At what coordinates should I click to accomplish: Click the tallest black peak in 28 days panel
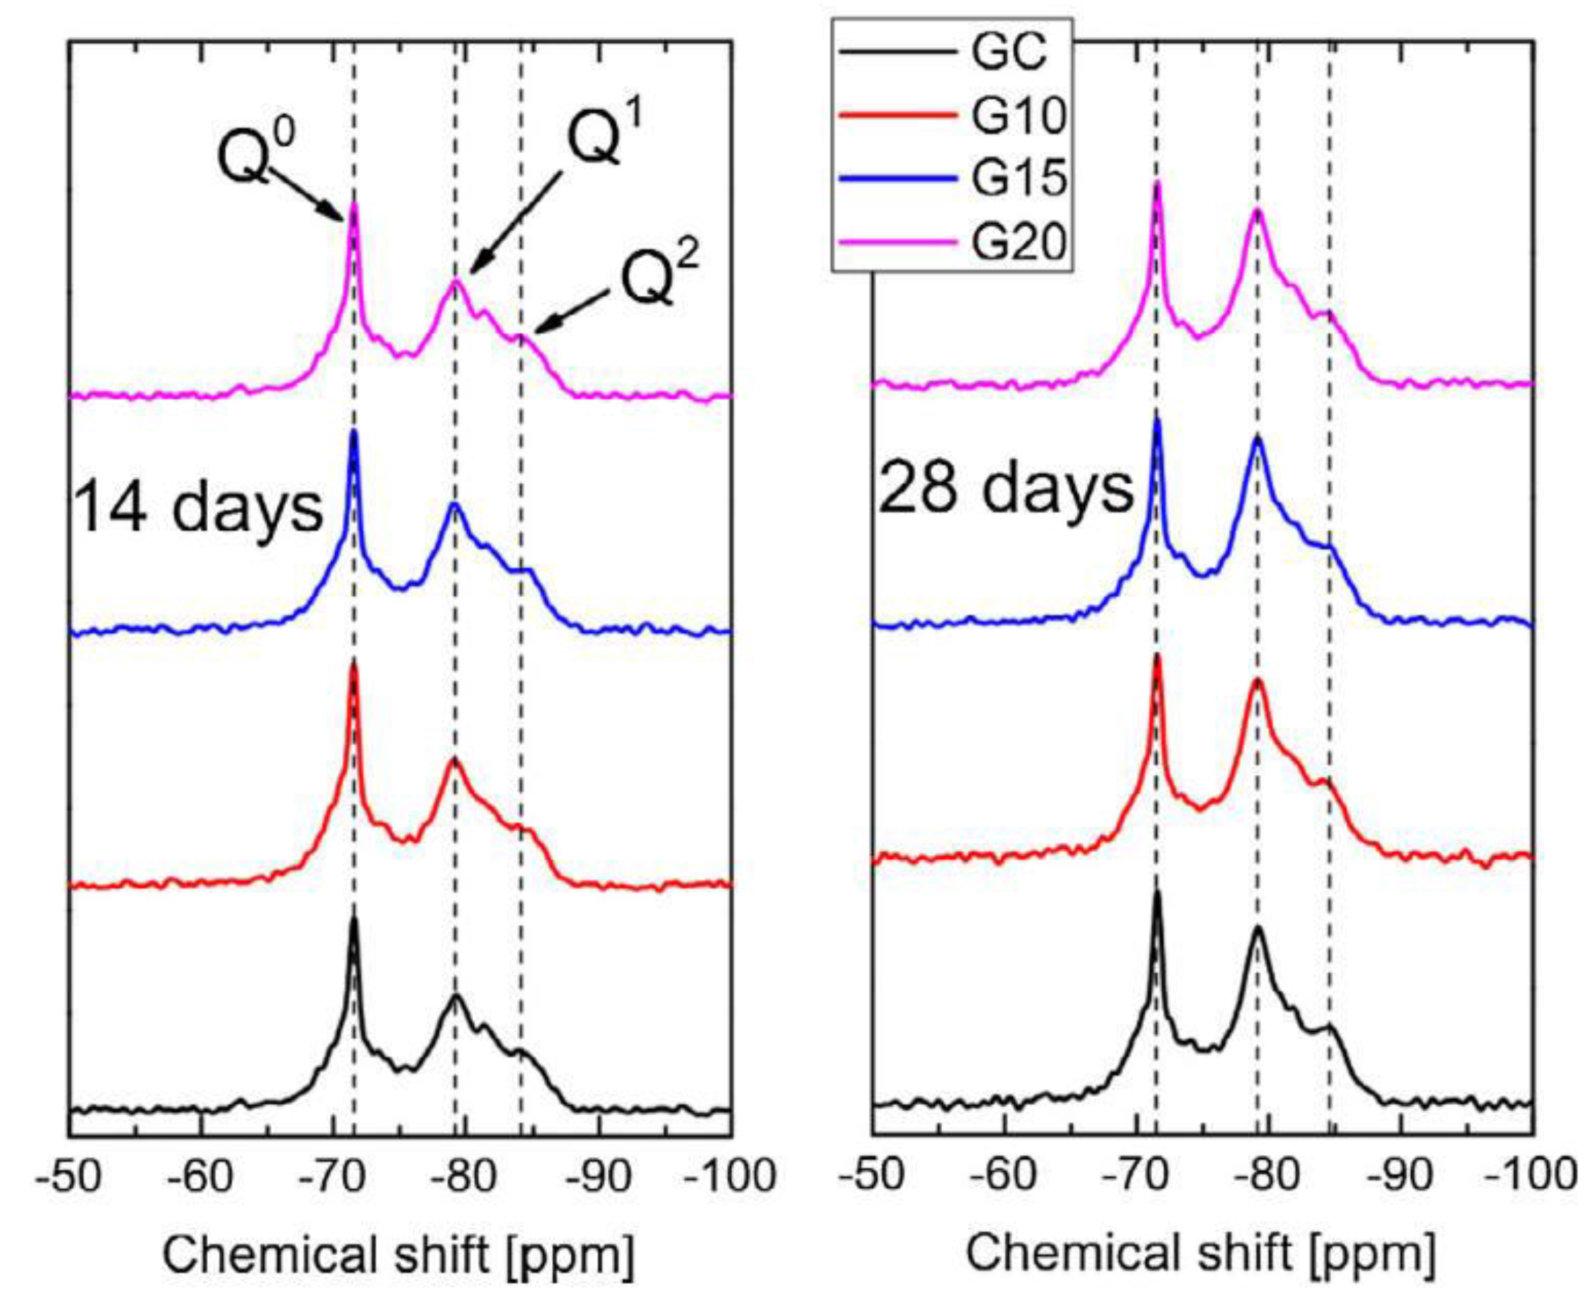click(x=1158, y=894)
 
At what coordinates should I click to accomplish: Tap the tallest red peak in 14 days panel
click(x=353, y=667)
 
